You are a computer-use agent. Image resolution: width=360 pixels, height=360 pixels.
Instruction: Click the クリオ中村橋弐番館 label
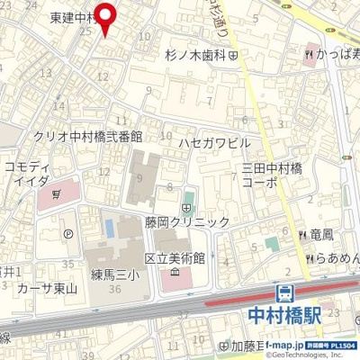87,136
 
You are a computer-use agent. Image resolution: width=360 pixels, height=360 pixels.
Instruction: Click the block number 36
114,289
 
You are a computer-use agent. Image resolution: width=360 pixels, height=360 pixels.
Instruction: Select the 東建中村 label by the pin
72,17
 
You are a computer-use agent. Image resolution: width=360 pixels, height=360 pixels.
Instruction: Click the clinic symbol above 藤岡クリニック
186,208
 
